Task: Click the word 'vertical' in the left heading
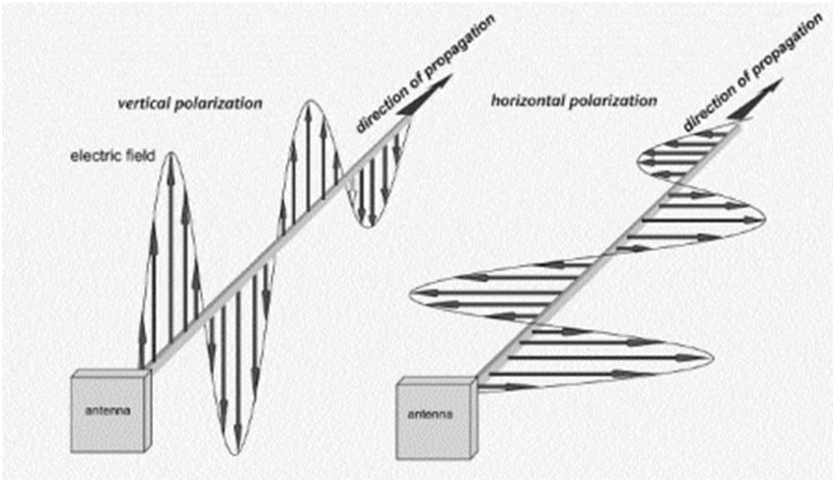[x=144, y=104]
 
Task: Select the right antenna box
[x=435, y=413]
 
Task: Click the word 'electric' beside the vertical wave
[x=89, y=157]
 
